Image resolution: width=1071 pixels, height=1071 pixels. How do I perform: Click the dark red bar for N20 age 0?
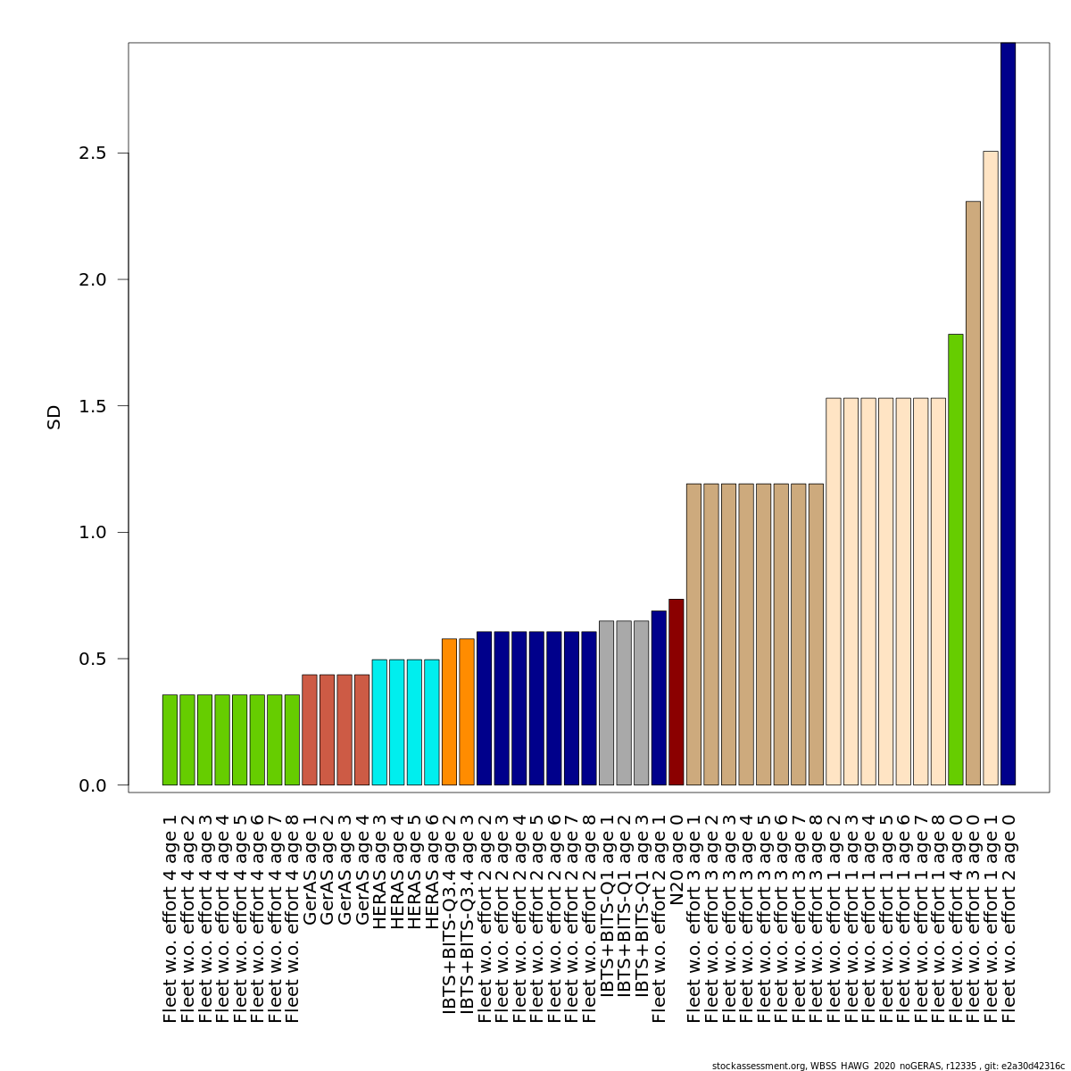tap(676, 692)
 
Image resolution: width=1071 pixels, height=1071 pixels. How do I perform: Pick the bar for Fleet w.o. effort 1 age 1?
tap(991, 468)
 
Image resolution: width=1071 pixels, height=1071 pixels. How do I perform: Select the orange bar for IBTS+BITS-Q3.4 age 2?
tap(449, 711)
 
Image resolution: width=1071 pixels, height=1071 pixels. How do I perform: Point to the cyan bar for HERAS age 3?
tap(379, 722)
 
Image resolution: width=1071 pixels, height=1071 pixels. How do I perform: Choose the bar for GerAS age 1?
tap(310, 729)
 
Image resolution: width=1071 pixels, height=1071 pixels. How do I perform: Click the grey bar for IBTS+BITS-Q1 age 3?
tap(641, 702)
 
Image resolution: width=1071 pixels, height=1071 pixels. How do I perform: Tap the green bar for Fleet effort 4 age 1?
tap(170, 739)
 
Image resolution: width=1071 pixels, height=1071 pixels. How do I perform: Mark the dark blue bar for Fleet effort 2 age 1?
tap(659, 698)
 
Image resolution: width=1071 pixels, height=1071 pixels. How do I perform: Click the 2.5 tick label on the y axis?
tap(99, 154)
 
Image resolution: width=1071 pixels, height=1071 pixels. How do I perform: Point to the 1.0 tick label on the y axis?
tap(99, 533)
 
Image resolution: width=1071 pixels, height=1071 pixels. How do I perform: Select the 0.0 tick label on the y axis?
tap(99, 785)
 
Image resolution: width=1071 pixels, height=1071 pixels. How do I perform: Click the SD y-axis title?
tap(54, 417)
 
